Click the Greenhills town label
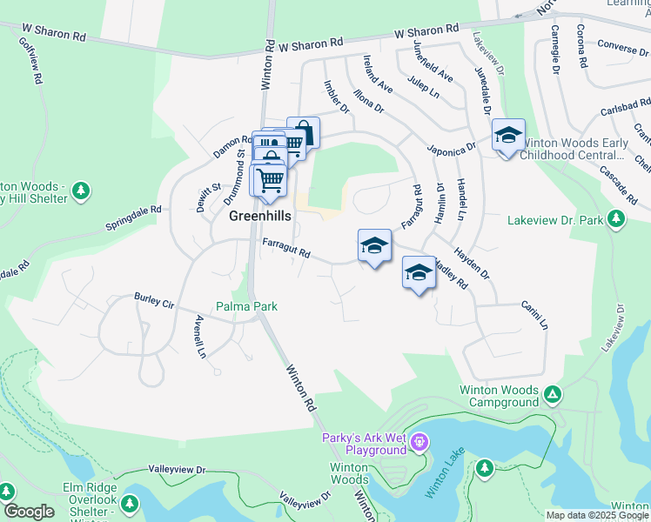click(x=260, y=217)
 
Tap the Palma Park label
click(x=246, y=306)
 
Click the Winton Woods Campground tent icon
click(x=552, y=396)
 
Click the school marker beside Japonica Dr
click(x=508, y=135)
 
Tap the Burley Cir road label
click(x=154, y=301)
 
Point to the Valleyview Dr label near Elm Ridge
click(x=177, y=470)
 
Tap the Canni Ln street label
click(x=534, y=315)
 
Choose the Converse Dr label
click(x=619, y=48)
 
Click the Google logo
click(x=29, y=512)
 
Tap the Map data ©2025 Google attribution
click(x=596, y=515)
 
